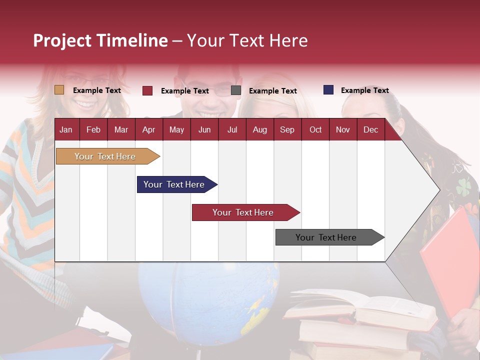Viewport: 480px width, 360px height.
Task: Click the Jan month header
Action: tap(66, 129)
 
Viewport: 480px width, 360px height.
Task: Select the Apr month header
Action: tap(148, 129)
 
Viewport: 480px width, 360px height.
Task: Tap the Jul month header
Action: tap(232, 129)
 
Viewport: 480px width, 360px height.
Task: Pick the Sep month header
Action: tap(287, 129)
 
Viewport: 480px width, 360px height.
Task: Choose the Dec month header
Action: tap(370, 129)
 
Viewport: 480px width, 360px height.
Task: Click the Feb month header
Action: tap(93, 129)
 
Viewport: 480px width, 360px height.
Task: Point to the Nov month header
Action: tap(342, 129)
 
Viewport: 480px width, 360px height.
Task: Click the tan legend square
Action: tap(59, 90)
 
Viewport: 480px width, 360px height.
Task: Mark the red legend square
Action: tap(147, 90)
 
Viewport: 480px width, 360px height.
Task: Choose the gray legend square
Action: tap(235, 90)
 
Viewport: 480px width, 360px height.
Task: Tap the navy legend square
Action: tap(328, 90)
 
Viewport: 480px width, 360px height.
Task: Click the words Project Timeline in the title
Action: tap(100, 40)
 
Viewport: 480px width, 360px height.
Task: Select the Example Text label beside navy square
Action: tap(364, 90)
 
